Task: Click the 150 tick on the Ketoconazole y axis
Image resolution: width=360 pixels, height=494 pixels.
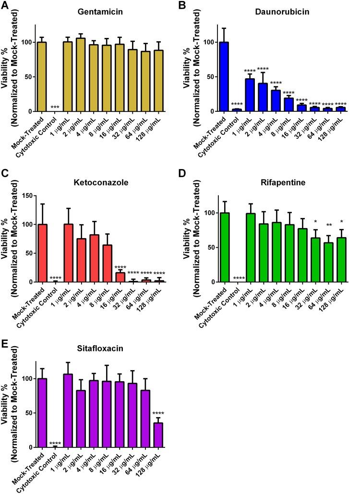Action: (x=30, y=196)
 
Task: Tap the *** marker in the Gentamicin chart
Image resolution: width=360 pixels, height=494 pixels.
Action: (x=54, y=107)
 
